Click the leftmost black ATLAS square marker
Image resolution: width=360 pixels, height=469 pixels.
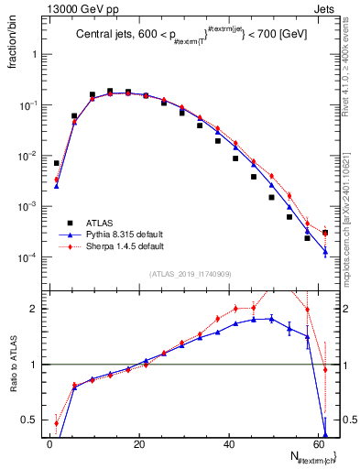click(56, 163)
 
